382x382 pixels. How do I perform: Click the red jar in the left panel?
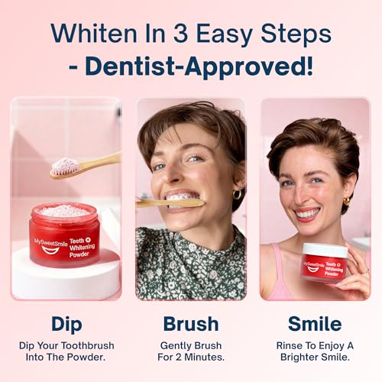tap(64, 235)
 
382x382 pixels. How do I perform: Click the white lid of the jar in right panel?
tap(325, 250)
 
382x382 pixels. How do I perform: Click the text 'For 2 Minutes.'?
tap(191, 358)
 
